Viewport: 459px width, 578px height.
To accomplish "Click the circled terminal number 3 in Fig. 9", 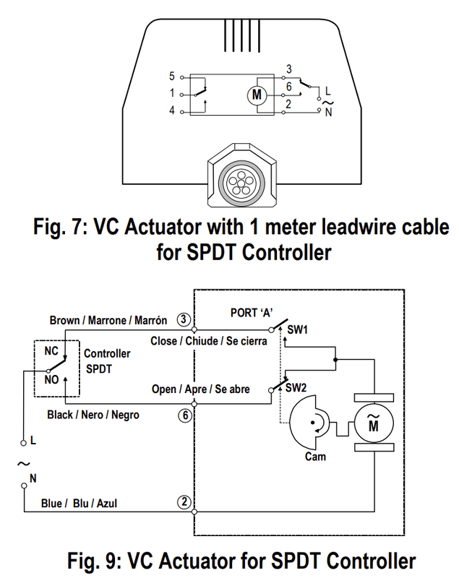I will click(x=184, y=319).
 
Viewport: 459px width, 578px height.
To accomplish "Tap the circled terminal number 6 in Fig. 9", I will click(x=184, y=415).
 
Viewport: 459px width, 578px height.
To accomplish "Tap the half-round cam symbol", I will click(x=307, y=424).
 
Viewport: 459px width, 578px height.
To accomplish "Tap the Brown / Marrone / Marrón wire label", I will click(x=108, y=320).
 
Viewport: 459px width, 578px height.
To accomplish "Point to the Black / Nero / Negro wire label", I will click(x=93, y=415).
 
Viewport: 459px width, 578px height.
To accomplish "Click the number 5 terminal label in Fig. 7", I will click(x=172, y=76).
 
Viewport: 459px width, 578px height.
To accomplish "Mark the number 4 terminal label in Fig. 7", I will click(x=172, y=111).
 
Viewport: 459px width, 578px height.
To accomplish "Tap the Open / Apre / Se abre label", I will click(x=201, y=389).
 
